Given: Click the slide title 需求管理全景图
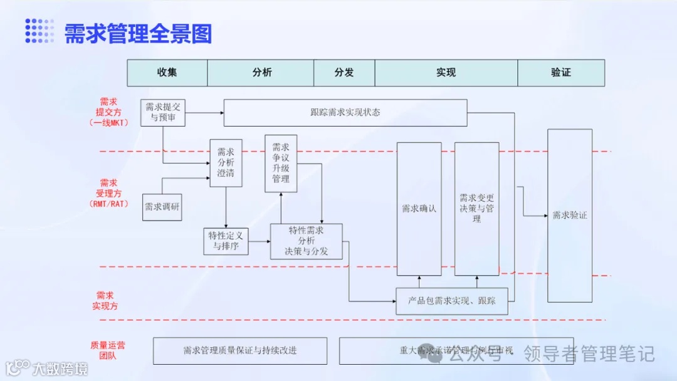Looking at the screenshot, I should tap(138, 33).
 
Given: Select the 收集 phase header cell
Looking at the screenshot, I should tap(167, 73).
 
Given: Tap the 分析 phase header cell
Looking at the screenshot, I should tap(262, 73).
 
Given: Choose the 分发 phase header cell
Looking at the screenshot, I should tap(344, 73).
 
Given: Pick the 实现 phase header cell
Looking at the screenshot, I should tap(446, 73).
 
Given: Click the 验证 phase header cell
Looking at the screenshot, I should tap(561, 73).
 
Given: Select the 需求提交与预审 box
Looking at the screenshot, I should tap(163, 112).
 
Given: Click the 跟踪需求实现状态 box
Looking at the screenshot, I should tap(345, 113).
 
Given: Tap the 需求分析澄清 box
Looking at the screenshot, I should tap(226, 162).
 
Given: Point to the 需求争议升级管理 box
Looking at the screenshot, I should tap(281, 163).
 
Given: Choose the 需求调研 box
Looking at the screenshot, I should tap(162, 207).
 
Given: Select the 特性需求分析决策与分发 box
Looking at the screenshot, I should tap(307, 241).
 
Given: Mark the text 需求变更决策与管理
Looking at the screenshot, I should tap(477, 208).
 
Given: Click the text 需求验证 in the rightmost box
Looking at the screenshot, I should tap(569, 216).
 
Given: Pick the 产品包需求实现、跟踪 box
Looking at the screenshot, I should tap(451, 301).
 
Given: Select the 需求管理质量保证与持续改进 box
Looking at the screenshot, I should tap(240, 351).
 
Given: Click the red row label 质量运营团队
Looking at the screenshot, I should tap(107, 350).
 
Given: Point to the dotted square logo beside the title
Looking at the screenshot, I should tap(39, 31).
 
